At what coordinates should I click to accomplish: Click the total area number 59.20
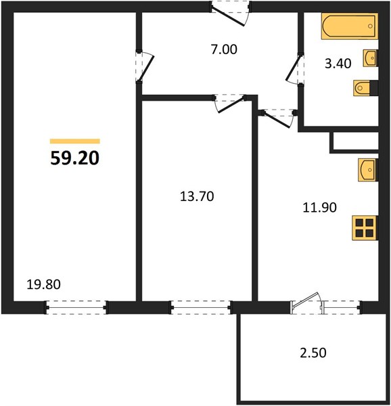pyautogui.click(x=75, y=158)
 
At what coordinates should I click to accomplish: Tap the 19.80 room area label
pyautogui.click(x=44, y=284)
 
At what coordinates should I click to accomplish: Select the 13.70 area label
pyautogui.click(x=197, y=196)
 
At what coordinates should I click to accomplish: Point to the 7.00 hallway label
pyautogui.click(x=224, y=49)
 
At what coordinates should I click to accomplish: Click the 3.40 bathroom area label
pyautogui.click(x=338, y=64)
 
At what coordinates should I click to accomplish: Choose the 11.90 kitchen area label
pyautogui.click(x=319, y=208)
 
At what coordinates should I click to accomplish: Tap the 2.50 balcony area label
pyautogui.click(x=313, y=353)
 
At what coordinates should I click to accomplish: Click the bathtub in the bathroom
pyautogui.click(x=349, y=26)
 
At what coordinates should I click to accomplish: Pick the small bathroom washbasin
pyautogui.click(x=370, y=58)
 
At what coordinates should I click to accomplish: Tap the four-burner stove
pyautogui.click(x=365, y=228)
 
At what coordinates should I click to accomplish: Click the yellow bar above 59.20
pyautogui.click(x=75, y=141)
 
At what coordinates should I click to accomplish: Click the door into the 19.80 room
pyautogui.click(x=145, y=66)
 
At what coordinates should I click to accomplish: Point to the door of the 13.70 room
pyautogui.click(x=229, y=104)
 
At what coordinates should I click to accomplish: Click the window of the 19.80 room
pyautogui.click(x=76, y=307)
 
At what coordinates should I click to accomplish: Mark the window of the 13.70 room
pyautogui.click(x=201, y=307)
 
